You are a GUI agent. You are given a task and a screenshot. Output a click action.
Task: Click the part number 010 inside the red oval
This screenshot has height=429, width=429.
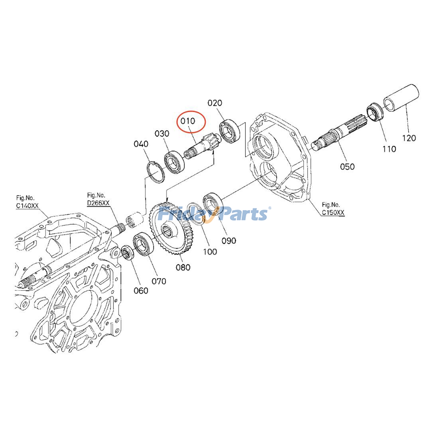188,121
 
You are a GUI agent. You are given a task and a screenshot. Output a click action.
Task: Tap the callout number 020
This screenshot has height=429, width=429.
215,103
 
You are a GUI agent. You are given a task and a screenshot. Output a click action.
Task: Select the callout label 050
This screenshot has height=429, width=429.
347,167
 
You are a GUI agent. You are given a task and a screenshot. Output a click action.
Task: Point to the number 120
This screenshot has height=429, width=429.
409,138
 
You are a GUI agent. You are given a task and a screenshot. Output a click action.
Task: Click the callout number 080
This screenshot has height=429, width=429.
183,267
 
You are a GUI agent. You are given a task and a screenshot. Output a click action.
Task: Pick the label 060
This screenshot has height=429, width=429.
141,291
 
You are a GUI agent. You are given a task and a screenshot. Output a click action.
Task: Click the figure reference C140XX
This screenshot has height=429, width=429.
27,206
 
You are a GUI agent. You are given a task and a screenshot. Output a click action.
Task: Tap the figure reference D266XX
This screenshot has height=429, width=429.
98,203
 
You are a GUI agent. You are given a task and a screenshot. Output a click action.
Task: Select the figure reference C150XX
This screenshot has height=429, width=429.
333,213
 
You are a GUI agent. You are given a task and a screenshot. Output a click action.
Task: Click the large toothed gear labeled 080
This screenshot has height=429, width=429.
172,230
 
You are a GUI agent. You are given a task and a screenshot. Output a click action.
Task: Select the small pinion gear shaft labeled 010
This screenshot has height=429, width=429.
202,147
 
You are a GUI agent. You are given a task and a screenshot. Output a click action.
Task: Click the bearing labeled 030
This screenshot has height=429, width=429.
174,162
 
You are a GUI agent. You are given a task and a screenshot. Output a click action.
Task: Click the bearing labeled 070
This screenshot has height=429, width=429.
143,244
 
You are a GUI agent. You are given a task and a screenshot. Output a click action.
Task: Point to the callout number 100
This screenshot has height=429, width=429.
210,252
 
